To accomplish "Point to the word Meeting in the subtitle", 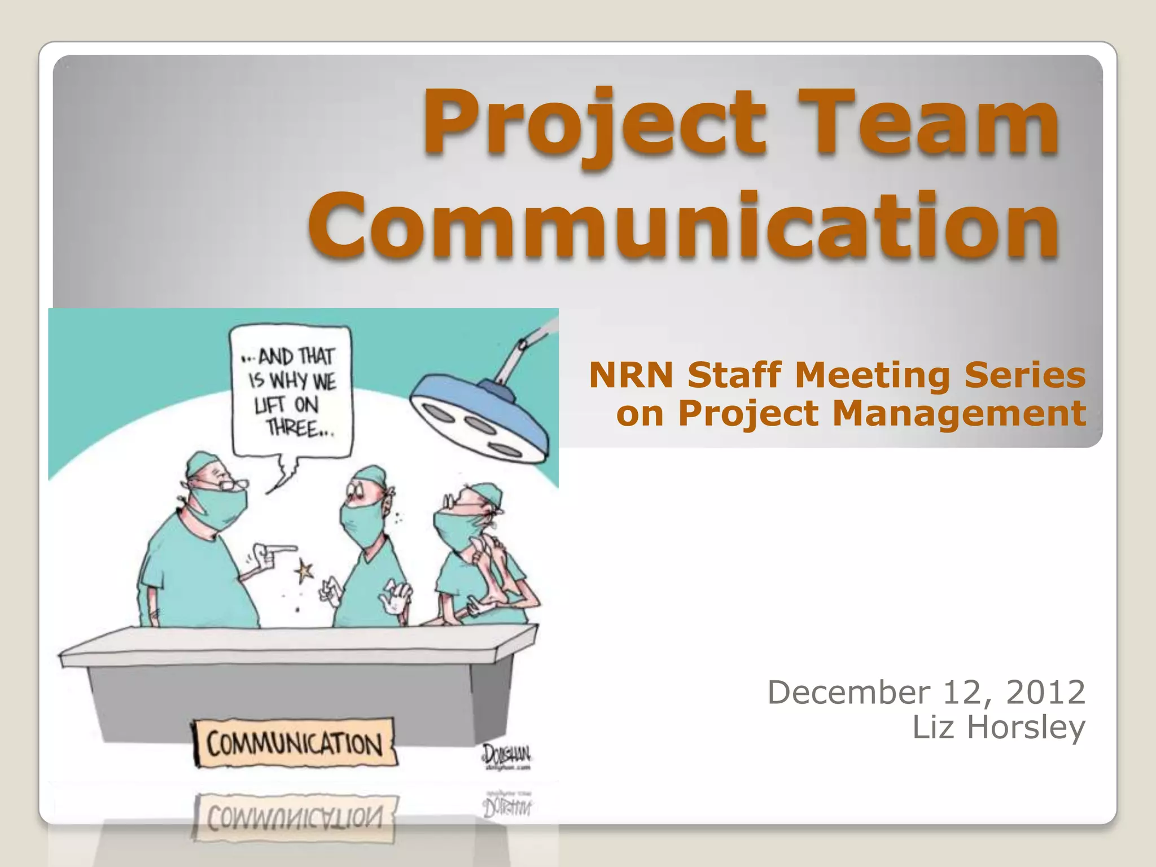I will tap(872, 375).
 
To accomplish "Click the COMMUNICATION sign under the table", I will tap(294, 743).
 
